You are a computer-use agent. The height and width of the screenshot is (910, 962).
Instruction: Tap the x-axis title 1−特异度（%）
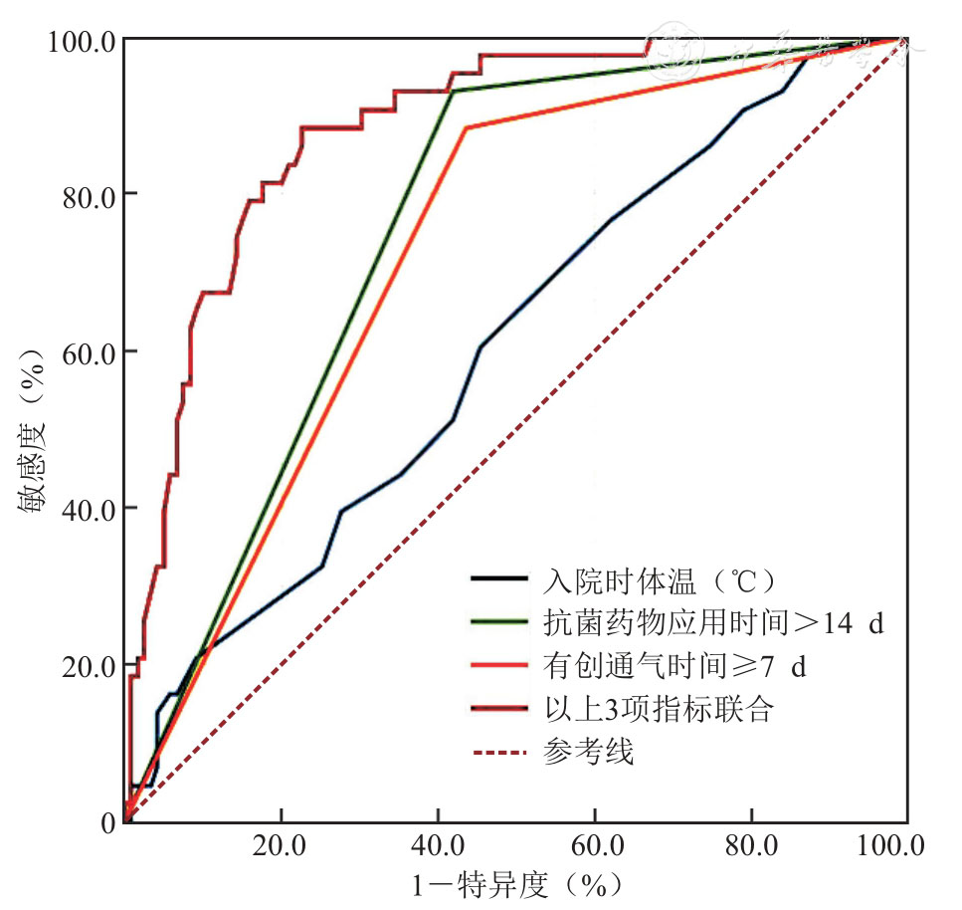coord(516,885)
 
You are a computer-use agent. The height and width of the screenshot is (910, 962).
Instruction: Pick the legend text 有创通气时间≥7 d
coord(674,666)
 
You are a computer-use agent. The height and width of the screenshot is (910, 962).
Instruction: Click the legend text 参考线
coord(588,752)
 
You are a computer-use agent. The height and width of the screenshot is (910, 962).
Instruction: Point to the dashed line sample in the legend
coord(501,752)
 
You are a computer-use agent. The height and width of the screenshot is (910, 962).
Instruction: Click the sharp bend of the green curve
coord(453,91)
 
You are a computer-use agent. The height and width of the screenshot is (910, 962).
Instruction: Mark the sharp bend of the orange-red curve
coord(465,127)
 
